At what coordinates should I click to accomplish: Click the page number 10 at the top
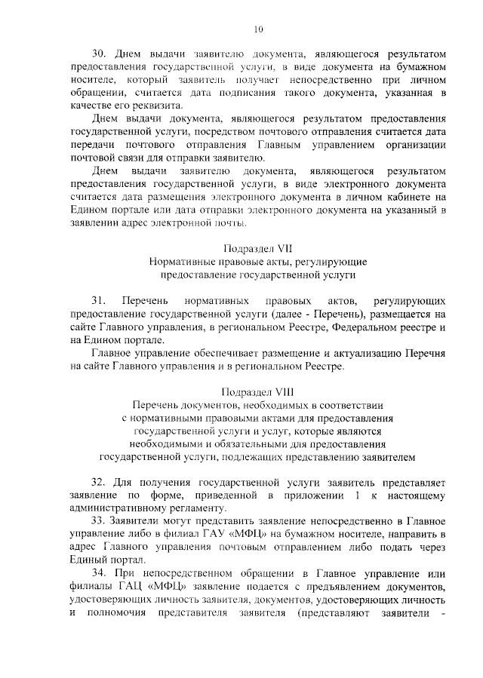tap(258, 29)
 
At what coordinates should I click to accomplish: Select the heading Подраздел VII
tap(257, 247)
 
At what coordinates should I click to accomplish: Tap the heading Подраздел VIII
tap(257, 392)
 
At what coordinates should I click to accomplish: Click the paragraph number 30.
tap(100, 54)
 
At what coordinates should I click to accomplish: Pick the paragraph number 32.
tap(100, 480)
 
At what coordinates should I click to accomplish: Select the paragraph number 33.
tap(100, 522)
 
